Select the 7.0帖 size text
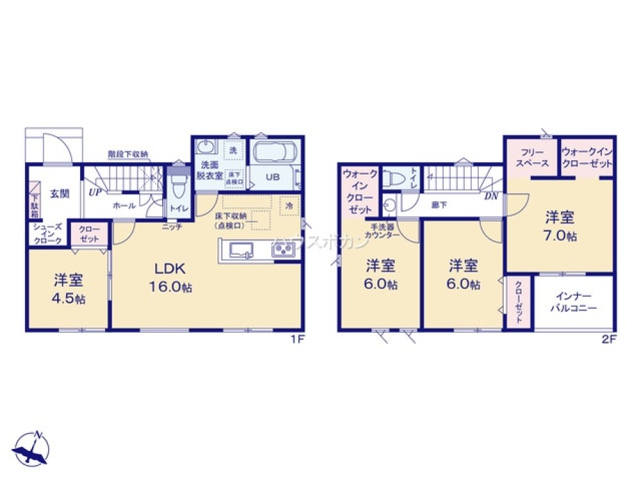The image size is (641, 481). (x=560, y=235)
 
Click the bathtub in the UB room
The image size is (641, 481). (x=275, y=153)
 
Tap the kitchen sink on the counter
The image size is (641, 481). (x=242, y=250)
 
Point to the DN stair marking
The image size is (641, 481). (x=491, y=196)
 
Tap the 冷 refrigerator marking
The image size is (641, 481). (x=290, y=206)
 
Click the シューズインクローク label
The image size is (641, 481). (x=47, y=234)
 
